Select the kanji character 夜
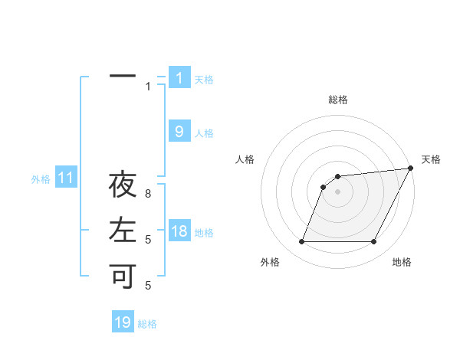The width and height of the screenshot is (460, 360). (x=123, y=185)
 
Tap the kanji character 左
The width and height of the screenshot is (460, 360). (x=123, y=230)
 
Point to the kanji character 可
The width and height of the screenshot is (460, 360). (x=123, y=275)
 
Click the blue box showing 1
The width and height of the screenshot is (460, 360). (x=179, y=77)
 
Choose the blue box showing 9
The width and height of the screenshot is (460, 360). (x=179, y=132)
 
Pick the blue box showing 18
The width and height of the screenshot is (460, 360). (x=179, y=231)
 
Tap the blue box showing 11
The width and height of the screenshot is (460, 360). (x=66, y=178)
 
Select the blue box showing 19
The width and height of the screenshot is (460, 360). (x=123, y=322)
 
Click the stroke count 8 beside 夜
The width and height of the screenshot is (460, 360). (x=149, y=195)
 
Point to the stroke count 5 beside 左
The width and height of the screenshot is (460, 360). (x=149, y=240)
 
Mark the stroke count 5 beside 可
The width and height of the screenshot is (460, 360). (x=149, y=285)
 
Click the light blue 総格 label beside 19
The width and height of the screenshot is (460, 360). (x=147, y=324)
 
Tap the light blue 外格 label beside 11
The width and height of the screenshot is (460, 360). (x=41, y=179)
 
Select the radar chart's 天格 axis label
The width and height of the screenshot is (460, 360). (x=431, y=159)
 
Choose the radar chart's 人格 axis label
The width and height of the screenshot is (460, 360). (x=245, y=159)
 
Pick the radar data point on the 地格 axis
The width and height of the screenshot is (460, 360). (x=374, y=242)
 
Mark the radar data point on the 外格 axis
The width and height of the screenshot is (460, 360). (x=301, y=242)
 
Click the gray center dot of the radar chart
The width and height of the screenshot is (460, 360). (x=337, y=191)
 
